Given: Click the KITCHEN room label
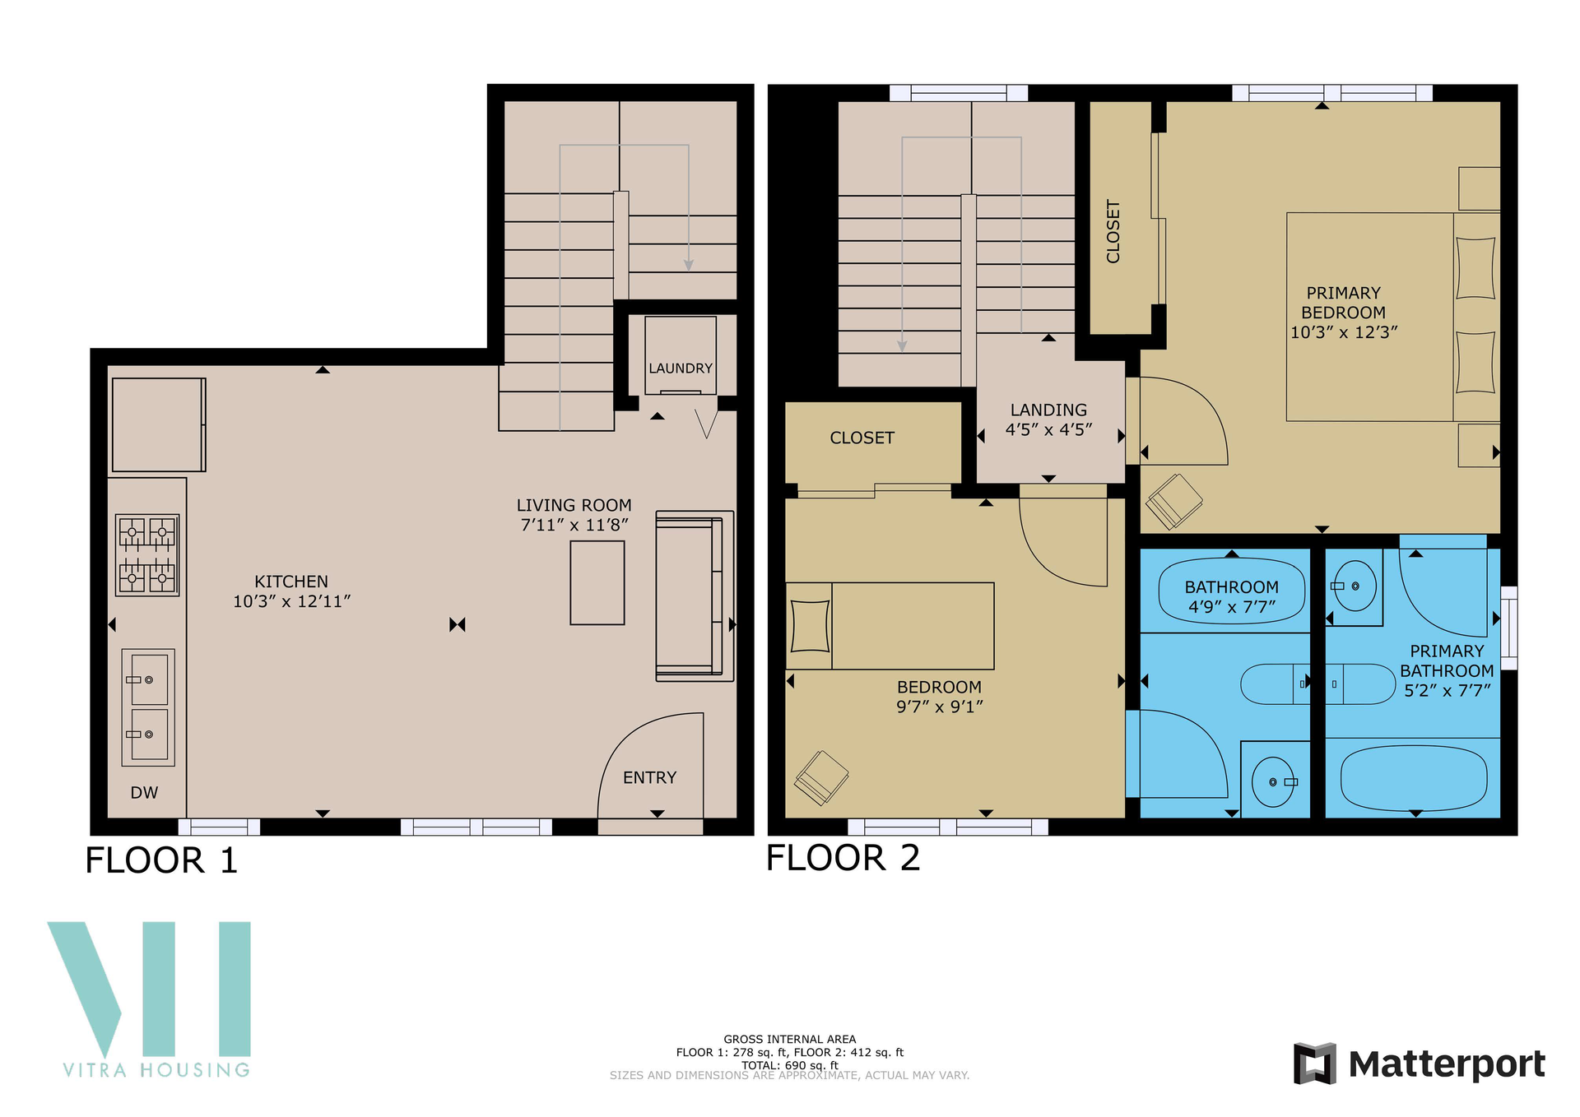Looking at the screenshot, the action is pos(291,582).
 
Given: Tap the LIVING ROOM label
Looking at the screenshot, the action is pos(574,505).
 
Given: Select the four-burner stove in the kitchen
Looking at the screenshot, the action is pos(147,555).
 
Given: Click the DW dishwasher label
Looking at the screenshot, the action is pos(144,793).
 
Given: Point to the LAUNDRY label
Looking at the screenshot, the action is pos(681,368).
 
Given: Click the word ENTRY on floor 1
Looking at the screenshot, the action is pos(649,777).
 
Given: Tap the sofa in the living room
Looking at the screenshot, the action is pos(695,596).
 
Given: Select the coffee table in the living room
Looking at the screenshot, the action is pos(597,583).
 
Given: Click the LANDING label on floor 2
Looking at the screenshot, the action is pos(1048,410).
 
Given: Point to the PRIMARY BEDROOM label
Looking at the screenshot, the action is pos(1343,303).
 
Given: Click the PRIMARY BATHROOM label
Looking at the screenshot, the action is pos(1447,661).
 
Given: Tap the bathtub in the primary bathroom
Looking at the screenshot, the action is pos(1414,778).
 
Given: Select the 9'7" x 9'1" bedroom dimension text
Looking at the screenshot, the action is pos(940,707).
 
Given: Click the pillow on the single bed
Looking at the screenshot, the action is pos(810,626).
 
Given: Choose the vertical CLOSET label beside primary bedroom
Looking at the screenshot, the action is pos(1113,231).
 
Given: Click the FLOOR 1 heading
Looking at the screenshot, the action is pos(161,860).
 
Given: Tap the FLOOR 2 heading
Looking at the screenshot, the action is pos(843,858).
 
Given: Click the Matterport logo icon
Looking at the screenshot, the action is pos(1314,1064).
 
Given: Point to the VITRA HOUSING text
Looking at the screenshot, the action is pos(156,1070).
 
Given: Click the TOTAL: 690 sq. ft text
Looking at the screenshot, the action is pos(790,1065).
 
